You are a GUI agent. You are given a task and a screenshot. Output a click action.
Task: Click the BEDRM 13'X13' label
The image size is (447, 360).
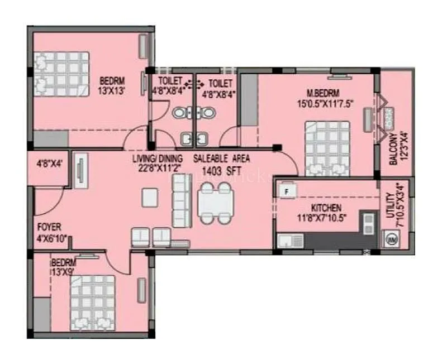(x=116, y=84)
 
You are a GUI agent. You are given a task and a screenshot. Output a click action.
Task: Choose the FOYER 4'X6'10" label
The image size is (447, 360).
(x=50, y=232)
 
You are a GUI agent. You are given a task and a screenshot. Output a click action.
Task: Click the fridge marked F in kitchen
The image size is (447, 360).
(x=287, y=191)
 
